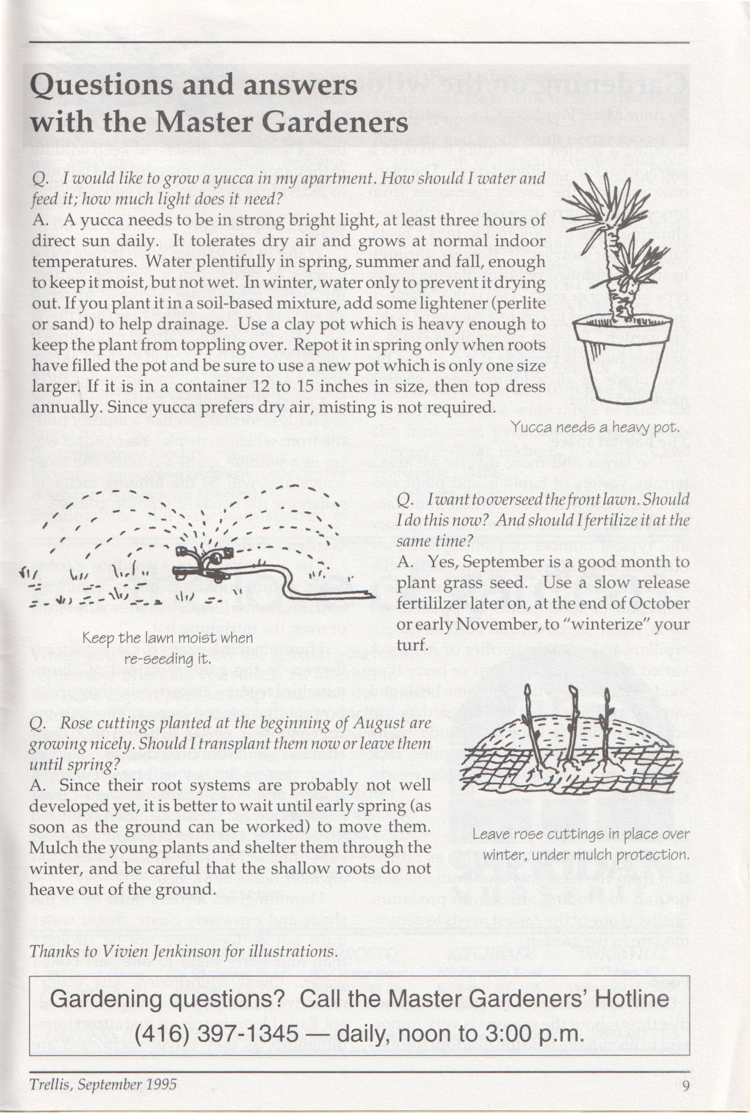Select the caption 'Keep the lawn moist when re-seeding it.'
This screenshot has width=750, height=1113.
pos(168,648)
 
